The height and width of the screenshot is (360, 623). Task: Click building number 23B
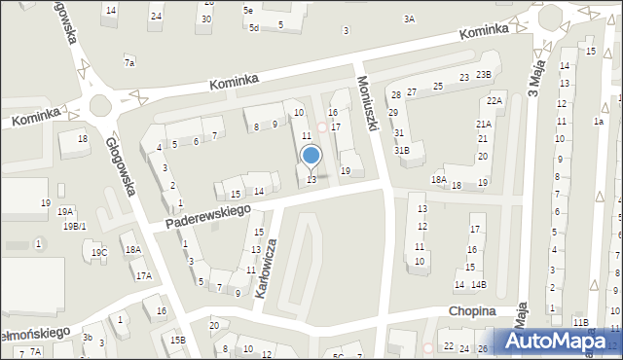[x=484, y=75]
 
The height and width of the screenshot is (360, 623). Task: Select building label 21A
[x=483, y=125]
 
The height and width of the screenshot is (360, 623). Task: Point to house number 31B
[x=401, y=150]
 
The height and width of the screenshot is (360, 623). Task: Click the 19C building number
[x=99, y=253]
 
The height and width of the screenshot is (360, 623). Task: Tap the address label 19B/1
[x=75, y=227]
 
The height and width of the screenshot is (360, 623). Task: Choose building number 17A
[x=144, y=276]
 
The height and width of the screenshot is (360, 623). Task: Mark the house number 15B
[x=177, y=340]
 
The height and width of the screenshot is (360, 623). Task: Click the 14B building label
[x=478, y=285]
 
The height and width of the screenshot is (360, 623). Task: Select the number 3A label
[x=409, y=18]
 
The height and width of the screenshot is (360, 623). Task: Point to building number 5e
[x=248, y=10]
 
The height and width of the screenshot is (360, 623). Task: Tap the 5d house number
[x=253, y=27]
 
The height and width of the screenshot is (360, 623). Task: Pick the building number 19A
[x=65, y=211]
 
